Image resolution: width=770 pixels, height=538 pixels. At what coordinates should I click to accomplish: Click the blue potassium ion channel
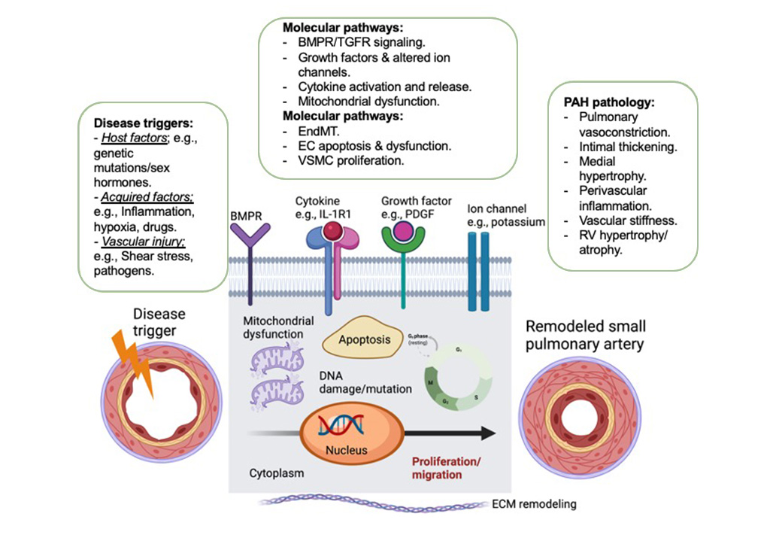point(478,271)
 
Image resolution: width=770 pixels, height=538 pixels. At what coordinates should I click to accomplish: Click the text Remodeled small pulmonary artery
point(585,336)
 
